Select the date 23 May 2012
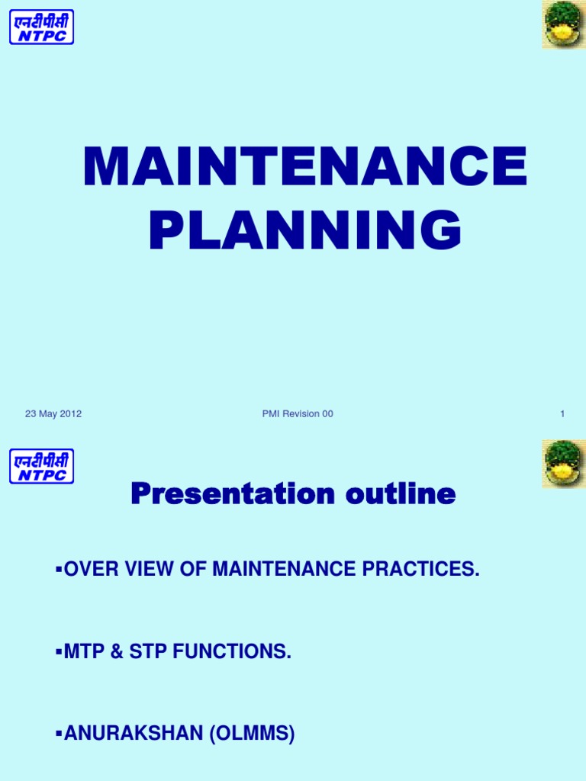(53, 414)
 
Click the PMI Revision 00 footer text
(298, 414)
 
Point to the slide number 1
(562, 414)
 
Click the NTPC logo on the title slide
(41, 27)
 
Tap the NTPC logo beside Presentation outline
(41, 466)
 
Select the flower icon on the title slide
(563, 24)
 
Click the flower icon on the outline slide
(563, 464)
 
